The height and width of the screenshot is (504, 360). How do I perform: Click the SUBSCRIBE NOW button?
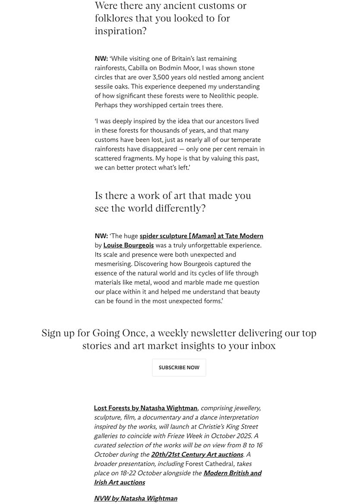point(179,368)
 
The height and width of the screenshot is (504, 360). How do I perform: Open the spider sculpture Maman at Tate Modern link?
point(201,236)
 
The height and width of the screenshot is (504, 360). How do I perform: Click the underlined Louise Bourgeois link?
point(129,245)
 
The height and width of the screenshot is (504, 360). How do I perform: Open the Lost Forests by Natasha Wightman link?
point(145,408)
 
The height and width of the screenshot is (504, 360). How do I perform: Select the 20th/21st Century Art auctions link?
point(197,454)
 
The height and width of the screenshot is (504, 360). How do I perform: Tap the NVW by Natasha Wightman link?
point(136,498)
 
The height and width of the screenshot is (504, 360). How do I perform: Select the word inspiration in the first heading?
point(119,31)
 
